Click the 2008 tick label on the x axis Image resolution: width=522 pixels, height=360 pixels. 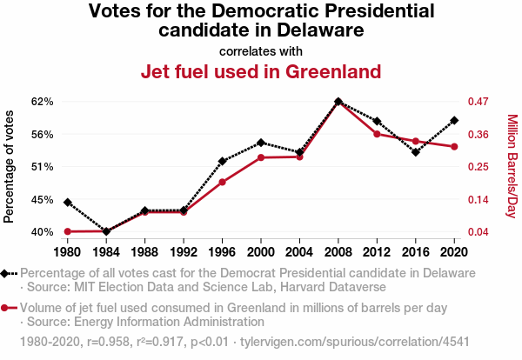click(338, 252)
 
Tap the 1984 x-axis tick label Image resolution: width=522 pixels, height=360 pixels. click(106, 252)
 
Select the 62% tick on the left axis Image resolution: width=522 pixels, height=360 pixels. click(43, 102)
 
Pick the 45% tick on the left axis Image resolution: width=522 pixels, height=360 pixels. click(43, 199)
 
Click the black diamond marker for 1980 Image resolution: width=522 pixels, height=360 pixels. click(68, 203)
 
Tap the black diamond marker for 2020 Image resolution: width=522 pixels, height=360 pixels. click(454, 120)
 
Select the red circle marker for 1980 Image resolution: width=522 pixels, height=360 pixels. click(68, 231)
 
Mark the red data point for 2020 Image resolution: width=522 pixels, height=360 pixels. click(454, 147)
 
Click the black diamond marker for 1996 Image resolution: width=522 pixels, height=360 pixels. click(223, 161)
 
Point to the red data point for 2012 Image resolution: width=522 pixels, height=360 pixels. click(377, 134)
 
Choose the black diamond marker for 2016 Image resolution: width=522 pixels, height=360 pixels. click(416, 152)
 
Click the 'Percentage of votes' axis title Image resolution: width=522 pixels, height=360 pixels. click(10, 166)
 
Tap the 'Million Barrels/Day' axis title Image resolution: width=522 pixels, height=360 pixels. click(512, 166)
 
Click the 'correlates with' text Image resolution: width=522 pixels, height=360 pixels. click(261, 50)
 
